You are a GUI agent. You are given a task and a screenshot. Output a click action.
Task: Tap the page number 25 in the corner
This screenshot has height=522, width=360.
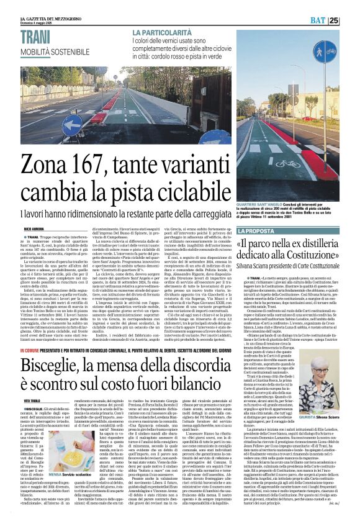(x=351, y=20)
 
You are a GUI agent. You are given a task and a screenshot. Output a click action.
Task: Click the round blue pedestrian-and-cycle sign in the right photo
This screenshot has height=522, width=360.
(x=324, y=52)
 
